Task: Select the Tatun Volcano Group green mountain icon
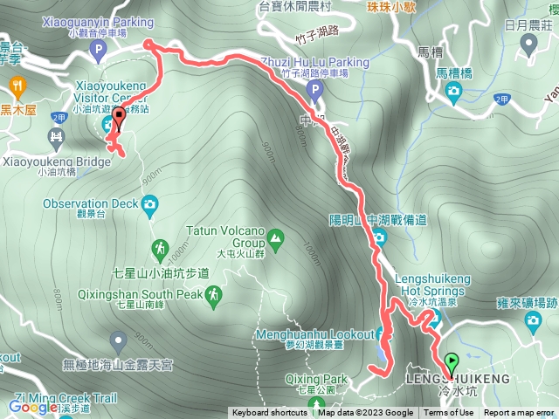pyautogui.click(x=275, y=237)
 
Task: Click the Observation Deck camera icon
pyautogui.click(x=149, y=205)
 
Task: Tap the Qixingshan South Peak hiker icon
pyautogui.click(x=213, y=299)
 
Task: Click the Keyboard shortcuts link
pyautogui.click(x=270, y=413)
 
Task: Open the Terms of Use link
pyautogui.click(x=454, y=413)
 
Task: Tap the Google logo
pyautogui.click(x=33, y=407)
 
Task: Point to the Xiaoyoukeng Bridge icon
pyautogui.click(x=57, y=136)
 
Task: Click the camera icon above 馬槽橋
pyautogui.click(x=453, y=91)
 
